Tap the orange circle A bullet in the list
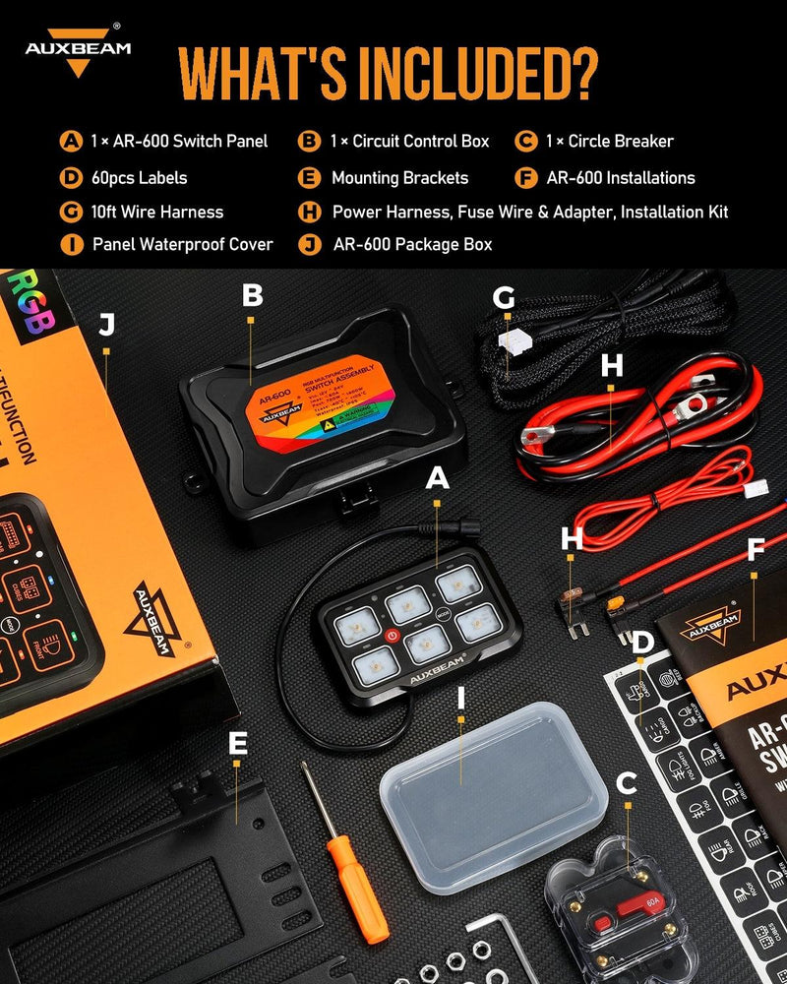71,141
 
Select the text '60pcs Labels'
139,178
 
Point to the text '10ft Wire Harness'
156,212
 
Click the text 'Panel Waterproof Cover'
183,244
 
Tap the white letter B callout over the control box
252,294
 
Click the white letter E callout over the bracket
237,744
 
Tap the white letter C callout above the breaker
626,784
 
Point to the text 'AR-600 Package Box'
412,244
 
